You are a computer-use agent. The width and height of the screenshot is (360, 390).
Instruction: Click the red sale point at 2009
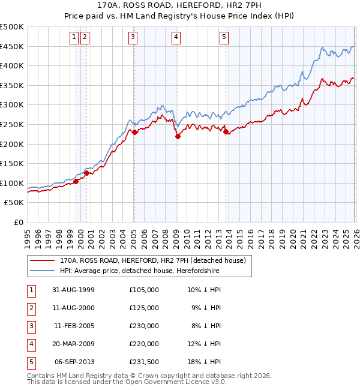click(178, 137)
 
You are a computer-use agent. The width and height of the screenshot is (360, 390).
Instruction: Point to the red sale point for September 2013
click(226, 132)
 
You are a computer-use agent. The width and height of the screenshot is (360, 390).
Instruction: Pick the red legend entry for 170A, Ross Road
click(152, 261)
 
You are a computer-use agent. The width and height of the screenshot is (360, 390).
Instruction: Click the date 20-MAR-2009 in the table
click(74, 344)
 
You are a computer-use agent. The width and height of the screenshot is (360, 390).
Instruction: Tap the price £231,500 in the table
click(144, 362)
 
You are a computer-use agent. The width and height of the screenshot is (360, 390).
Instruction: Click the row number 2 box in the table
click(31, 308)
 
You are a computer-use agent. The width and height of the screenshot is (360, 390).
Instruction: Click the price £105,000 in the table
click(144, 290)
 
